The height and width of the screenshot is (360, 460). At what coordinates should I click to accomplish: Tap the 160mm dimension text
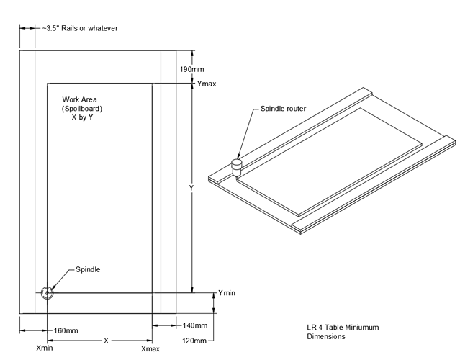[66, 330]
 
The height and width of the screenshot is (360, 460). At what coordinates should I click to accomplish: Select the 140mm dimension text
[195, 326]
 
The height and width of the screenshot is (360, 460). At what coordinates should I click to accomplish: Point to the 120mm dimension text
[195, 340]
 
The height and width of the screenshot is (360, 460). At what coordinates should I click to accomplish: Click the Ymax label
[207, 84]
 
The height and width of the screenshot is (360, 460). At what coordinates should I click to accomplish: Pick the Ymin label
[227, 292]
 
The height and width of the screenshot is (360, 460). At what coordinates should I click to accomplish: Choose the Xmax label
[150, 348]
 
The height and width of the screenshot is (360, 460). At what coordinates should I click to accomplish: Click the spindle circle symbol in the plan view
[47, 292]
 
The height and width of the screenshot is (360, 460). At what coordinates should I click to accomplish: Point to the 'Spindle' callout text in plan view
[88, 269]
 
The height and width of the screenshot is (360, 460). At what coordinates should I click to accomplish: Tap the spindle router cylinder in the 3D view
[235, 168]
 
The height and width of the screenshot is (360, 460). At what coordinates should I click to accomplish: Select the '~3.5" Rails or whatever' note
[78, 28]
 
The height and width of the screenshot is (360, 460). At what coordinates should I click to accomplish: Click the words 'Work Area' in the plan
[79, 99]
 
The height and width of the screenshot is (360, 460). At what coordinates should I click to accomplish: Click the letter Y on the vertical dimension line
[191, 189]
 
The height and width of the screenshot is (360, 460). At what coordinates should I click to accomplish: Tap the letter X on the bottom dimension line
[106, 339]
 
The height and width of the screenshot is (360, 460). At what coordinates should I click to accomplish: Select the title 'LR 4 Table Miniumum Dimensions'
[342, 332]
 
